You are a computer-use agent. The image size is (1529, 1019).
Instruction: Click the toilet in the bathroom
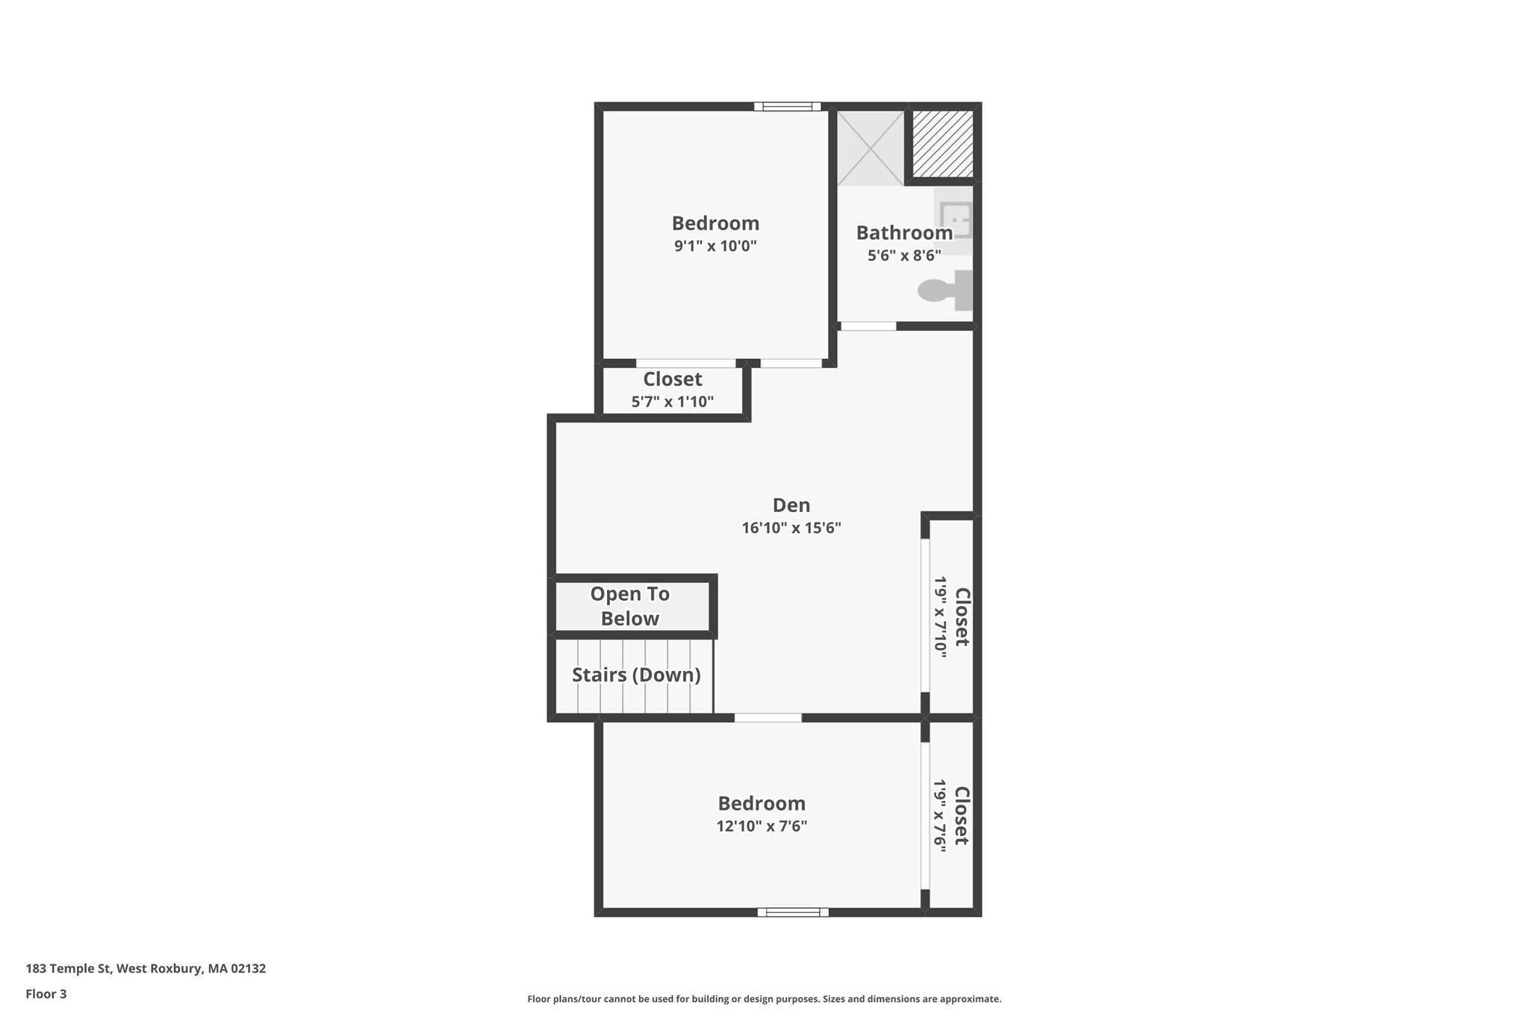[x=945, y=290]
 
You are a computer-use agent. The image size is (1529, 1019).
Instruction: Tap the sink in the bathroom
[x=955, y=220]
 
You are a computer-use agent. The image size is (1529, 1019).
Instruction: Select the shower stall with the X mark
[x=870, y=148]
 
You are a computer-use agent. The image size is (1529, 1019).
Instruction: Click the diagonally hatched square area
[x=943, y=144]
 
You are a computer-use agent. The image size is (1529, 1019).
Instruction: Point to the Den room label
[x=791, y=505]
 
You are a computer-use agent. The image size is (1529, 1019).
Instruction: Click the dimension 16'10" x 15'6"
[x=791, y=529]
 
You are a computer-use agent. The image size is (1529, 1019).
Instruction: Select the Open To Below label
[x=629, y=606]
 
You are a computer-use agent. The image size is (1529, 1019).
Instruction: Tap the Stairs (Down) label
[x=636, y=675]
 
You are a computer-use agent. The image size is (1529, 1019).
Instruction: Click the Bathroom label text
[x=903, y=233]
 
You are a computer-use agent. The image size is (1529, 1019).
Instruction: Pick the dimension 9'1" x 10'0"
[x=715, y=246]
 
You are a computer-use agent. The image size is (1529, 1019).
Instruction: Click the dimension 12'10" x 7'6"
[x=762, y=826]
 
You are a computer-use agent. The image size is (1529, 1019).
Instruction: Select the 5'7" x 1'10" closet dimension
[x=672, y=402]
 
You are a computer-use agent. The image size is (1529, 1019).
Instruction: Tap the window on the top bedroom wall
[x=787, y=107]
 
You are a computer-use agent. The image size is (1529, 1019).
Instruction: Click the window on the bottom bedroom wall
[x=793, y=912]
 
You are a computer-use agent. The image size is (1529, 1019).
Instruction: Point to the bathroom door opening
[x=868, y=326]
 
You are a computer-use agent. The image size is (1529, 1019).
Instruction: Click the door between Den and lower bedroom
[x=767, y=717]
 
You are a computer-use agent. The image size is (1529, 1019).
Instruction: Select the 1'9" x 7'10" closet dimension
[x=940, y=617]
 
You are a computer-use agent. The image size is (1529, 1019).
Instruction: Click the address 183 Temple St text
[x=146, y=968]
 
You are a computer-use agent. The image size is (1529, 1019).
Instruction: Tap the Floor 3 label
[x=46, y=994]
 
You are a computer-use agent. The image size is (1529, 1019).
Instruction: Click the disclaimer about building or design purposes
[x=764, y=999]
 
